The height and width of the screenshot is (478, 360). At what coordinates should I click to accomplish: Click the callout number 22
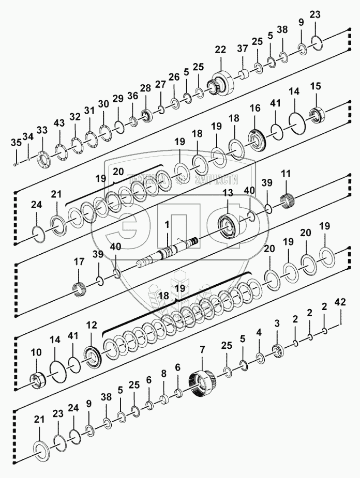tap(220, 50)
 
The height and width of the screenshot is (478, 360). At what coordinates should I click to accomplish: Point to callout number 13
tap(227, 193)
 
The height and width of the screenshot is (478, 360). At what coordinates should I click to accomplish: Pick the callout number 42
tap(340, 302)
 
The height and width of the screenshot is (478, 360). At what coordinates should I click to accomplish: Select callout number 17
tap(78, 262)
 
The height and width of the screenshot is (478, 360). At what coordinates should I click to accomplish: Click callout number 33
tap(42, 130)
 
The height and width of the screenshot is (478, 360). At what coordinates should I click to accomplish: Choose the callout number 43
tap(59, 123)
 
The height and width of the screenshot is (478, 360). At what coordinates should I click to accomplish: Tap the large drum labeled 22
tap(223, 82)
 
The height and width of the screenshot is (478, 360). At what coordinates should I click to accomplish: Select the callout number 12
tap(92, 325)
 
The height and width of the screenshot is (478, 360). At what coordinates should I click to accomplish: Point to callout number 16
tap(255, 109)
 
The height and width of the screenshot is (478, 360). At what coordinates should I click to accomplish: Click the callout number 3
tap(277, 324)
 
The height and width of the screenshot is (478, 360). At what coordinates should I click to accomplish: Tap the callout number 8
tap(163, 373)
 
